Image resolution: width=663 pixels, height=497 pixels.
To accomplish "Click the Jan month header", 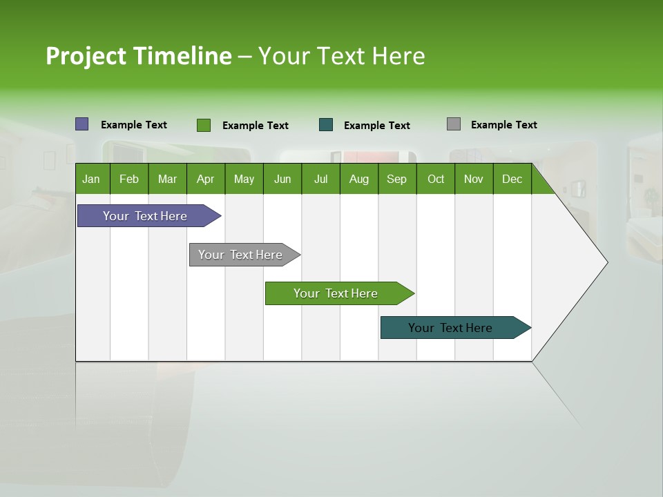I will click(91, 179).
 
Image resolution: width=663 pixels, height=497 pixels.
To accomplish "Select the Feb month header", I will click(129, 179).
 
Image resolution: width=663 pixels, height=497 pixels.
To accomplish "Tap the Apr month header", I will click(205, 179).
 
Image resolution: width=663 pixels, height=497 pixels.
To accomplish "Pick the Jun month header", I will click(282, 179).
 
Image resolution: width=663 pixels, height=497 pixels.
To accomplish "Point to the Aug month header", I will click(359, 179).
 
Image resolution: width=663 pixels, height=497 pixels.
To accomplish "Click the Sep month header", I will click(396, 179).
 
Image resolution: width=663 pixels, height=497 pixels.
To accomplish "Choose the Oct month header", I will click(436, 179).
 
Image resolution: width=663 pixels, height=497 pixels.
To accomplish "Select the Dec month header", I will click(512, 179).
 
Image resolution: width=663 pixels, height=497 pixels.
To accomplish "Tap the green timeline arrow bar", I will click(336, 293).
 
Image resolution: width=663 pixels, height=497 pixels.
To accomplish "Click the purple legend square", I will click(82, 124).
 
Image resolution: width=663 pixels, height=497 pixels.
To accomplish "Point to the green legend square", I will click(204, 125).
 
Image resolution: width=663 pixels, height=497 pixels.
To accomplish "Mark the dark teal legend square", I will click(326, 125).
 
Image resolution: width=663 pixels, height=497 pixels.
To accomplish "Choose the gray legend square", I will click(454, 124).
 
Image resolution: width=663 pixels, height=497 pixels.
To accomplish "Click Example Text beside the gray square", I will click(503, 125).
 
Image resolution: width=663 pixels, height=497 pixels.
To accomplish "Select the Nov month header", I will click(473, 179).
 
